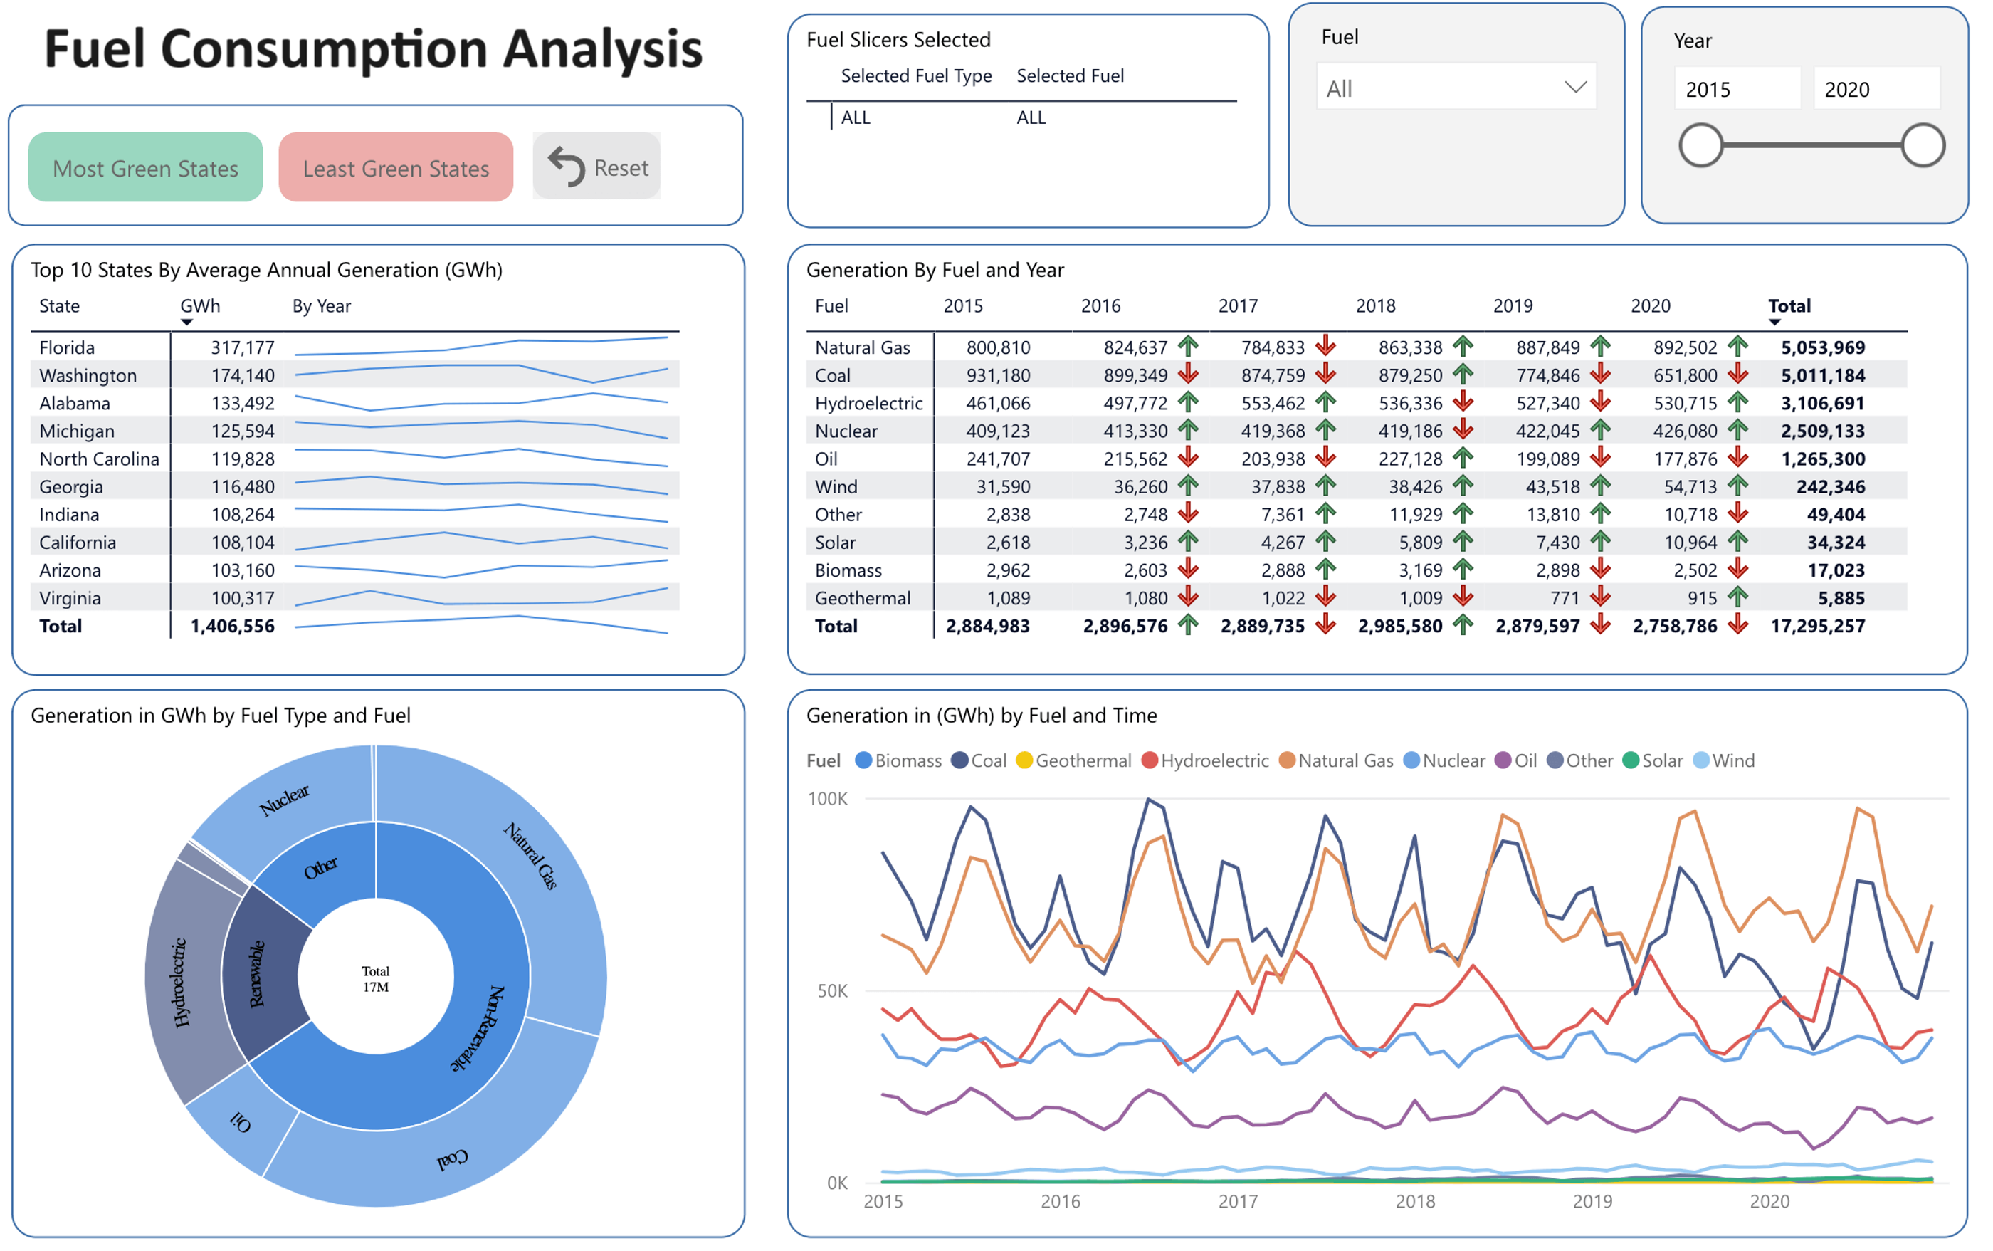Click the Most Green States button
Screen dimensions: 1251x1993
coord(145,167)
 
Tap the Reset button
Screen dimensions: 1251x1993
coord(596,167)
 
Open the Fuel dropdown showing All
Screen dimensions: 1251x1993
coord(1455,88)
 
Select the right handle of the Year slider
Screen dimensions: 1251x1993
coord(1922,146)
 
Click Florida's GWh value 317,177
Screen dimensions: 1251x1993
coord(241,347)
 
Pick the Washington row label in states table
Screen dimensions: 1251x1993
coord(88,376)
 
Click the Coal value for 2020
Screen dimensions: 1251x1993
coord(1685,376)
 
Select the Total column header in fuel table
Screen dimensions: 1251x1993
coord(1789,306)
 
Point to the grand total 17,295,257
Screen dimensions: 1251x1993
coord(1817,627)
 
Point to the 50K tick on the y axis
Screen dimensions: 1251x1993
coord(832,991)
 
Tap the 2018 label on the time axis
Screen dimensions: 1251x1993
coord(1415,1201)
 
